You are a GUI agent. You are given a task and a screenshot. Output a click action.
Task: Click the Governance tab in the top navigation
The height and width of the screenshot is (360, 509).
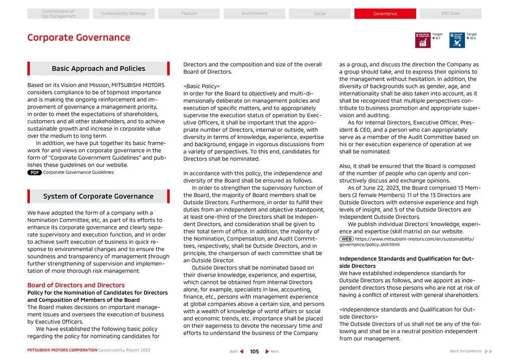pyautogui.click(x=385, y=14)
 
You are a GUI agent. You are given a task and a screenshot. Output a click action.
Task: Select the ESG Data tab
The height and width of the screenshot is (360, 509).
pyautogui.click(x=450, y=14)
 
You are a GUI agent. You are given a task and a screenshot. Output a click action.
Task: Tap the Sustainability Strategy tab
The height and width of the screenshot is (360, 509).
pyautogui.click(x=123, y=14)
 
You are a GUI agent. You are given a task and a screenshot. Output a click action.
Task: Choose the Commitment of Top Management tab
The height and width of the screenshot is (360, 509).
pyautogui.click(x=58, y=14)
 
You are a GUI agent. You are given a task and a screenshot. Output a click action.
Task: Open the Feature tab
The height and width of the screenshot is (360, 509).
pyautogui.click(x=189, y=14)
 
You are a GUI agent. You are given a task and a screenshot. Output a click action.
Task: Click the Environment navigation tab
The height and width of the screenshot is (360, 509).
pyautogui.click(x=254, y=14)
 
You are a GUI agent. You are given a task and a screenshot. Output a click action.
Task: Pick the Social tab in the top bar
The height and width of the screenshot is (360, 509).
pyautogui.click(x=320, y=14)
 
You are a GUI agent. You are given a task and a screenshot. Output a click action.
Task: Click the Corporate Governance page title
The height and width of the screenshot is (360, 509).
pyautogui.click(x=79, y=38)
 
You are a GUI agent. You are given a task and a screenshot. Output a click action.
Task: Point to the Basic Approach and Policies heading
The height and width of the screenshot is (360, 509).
pyautogui.click(x=98, y=69)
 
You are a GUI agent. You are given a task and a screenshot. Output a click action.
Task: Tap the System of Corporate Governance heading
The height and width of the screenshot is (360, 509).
pyautogui.click(x=98, y=196)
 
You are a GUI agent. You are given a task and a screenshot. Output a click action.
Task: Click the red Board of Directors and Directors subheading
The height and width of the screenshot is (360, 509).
pyautogui.click(x=76, y=285)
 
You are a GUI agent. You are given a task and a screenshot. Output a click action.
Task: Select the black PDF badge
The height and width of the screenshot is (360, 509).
pyautogui.click(x=34, y=173)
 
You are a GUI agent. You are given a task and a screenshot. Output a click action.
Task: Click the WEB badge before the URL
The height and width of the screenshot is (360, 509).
pyautogui.click(x=346, y=239)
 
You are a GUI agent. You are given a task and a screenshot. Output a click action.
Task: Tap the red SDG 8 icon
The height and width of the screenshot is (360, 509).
pyautogui.click(x=423, y=40)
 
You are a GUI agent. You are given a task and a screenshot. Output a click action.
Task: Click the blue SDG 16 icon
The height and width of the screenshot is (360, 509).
pyautogui.click(x=457, y=40)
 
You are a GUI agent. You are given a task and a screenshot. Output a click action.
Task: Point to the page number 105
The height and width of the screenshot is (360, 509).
pyautogui.click(x=254, y=352)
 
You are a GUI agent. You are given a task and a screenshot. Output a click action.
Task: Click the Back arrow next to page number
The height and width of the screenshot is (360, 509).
pyautogui.click(x=242, y=352)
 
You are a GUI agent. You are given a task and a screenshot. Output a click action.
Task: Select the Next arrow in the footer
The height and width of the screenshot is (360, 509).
pyautogui.click(x=267, y=352)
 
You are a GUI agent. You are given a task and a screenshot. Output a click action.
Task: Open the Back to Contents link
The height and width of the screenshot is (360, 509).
pyautogui.click(x=470, y=351)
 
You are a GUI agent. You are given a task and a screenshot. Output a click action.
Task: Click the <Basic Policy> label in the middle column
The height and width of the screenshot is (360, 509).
pyautogui.click(x=202, y=86)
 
